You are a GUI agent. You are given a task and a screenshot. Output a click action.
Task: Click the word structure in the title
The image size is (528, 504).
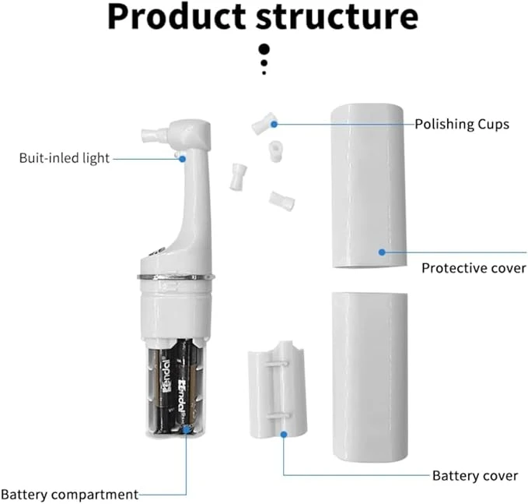(x=340, y=17)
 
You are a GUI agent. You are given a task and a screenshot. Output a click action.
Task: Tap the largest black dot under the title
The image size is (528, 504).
(x=264, y=47)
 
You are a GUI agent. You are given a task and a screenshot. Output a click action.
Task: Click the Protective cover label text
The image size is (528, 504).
(x=474, y=268)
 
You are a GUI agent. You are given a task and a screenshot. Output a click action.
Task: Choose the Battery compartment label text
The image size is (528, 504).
(x=69, y=494)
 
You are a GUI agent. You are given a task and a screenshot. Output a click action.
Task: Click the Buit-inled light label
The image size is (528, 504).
(x=64, y=158)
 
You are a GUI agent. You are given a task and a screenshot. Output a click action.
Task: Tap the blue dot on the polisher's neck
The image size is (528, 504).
(x=182, y=158)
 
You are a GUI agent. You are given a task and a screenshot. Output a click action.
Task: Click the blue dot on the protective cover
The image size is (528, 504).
(x=382, y=251)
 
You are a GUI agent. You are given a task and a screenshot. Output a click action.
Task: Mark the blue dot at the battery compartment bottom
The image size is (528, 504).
(x=186, y=428)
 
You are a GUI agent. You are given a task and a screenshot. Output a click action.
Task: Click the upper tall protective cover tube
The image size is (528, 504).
(x=367, y=187)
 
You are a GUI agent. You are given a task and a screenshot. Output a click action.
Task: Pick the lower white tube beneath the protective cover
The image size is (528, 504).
(x=369, y=378)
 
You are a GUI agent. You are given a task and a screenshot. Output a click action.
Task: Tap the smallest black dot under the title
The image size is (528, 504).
(x=264, y=72)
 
